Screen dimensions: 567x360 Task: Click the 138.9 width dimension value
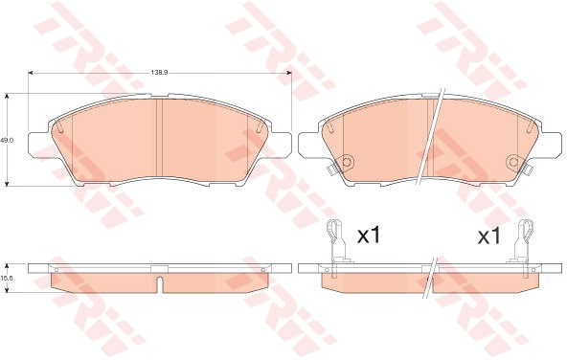[x=159, y=73]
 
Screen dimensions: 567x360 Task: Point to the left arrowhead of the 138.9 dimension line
[x=31, y=73]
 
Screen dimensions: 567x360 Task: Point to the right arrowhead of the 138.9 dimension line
[x=289, y=73]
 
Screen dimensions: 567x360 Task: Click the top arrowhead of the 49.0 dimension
[x=7, y=96]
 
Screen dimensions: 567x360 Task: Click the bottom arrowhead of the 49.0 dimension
[x=7, y=184]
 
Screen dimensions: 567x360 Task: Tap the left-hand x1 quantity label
[x=369, y=236]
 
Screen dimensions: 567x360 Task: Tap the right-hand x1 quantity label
[x=488, y=236]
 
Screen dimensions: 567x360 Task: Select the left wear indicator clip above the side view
[x=337, y=242]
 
